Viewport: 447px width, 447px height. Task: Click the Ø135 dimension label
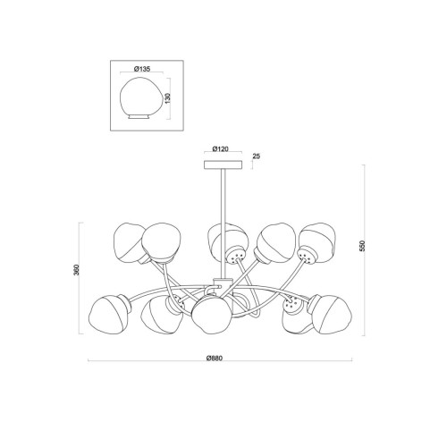coord(142,69)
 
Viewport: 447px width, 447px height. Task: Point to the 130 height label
coord(168,98)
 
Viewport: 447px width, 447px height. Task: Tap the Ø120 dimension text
coord(220,148)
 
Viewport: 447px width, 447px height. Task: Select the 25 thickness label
coord(257,156)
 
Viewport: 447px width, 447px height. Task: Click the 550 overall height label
coord(362,246)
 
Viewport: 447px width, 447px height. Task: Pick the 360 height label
coord(77,270)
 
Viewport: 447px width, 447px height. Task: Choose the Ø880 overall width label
coord(215,358)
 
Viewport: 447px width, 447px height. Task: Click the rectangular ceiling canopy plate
coord(223,164)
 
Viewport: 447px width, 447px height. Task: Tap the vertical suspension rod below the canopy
coord(223,223)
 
